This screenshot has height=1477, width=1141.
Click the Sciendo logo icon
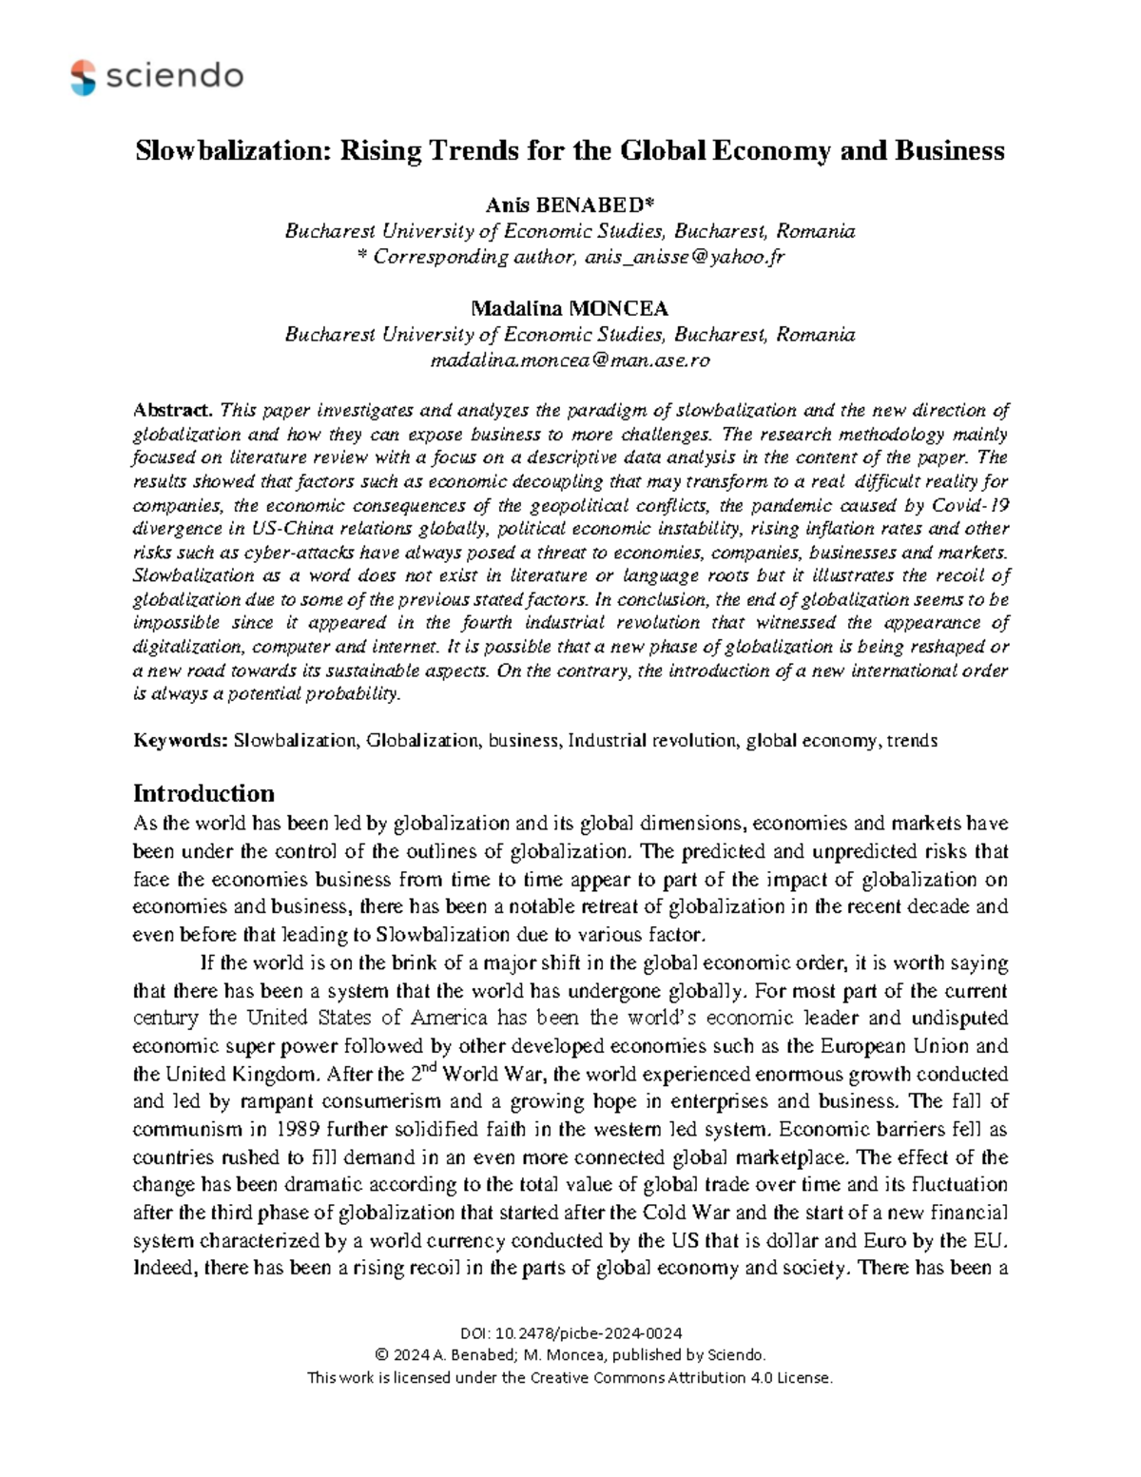84,77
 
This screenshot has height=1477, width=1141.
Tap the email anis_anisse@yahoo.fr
685,257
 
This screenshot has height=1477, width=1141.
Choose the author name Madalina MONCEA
570,308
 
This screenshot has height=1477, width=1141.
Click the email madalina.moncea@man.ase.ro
570,360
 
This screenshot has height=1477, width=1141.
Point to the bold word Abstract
173,411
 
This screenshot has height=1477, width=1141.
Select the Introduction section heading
203,793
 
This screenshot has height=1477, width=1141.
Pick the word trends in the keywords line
911,740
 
